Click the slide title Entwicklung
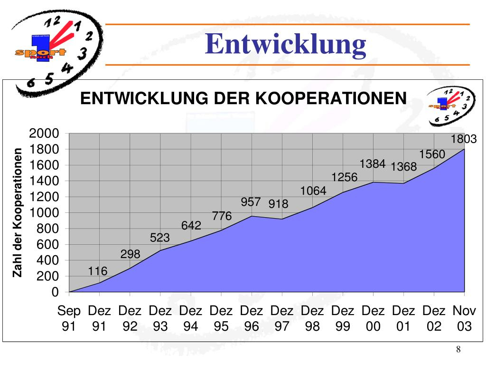[286, 45]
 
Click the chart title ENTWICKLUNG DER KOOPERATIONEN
[243, 99]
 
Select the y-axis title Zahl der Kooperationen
[18, 212]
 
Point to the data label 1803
[464, 139]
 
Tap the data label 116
[98, 271]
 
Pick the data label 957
[251, 202]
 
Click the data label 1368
[403, 167]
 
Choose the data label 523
[160, 238]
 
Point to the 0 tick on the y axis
[55, 292]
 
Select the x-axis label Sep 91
[69, 318]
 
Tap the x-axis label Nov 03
[464, 318]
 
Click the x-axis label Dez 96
[252, 318]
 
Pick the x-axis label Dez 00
[373, 318]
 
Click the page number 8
[458, 350]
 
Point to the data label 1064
[313, 191]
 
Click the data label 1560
[432, 154]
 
